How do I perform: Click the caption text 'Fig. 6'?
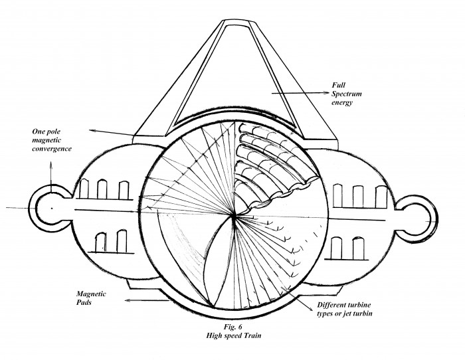232,327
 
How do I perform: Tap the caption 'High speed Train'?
234,335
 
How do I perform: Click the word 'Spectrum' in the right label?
346,94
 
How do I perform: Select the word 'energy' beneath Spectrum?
342,103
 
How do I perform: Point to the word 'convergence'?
52,149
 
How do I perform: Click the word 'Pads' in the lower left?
84,302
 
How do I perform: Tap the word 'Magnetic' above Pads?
91,294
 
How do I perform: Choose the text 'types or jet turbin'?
344,314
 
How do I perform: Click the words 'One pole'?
46,132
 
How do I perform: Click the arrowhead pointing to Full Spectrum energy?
326,92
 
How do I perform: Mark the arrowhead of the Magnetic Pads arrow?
128,300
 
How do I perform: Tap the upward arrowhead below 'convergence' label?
50,164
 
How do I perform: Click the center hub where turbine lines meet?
234,217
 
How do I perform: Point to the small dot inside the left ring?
52,208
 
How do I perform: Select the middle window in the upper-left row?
102,189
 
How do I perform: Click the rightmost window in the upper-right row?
381,197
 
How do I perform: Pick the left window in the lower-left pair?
101,242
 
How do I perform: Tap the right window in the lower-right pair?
359,248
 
